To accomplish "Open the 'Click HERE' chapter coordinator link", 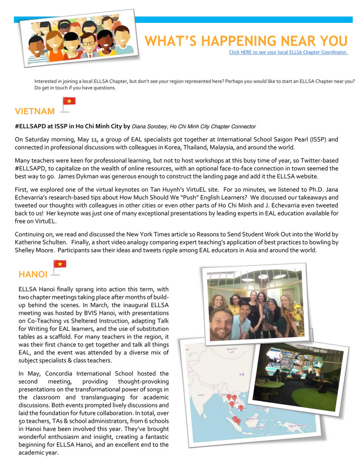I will [288, 52].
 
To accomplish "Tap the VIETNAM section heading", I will [35, 111].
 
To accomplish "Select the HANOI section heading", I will [33, 274].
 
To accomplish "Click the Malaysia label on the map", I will [252, 418].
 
